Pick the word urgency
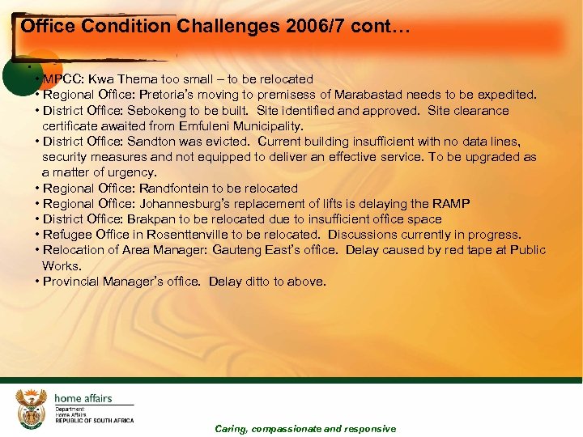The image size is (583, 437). tap(134, 172)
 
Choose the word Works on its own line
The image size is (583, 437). tap(62, 265)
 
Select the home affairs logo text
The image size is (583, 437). tap(83, 398)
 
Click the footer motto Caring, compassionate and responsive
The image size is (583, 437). tap(305, 429)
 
